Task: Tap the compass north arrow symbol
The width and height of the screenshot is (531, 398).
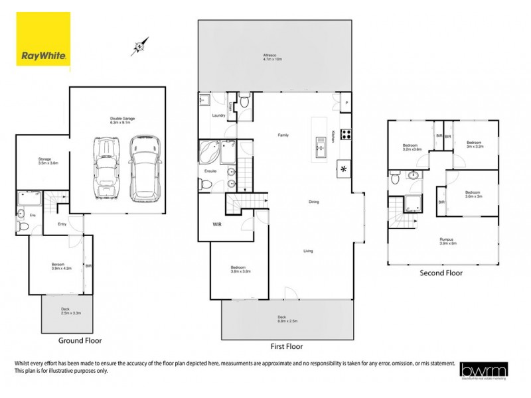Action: [139, 46]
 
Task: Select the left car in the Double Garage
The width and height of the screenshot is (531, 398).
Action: [106, 168]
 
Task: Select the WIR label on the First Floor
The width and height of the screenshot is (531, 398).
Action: [217, 225]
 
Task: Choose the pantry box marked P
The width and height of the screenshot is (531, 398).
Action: [344, 103]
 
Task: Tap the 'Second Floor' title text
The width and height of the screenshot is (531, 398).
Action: [441, 273]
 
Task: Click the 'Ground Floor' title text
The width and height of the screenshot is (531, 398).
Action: [80, 340]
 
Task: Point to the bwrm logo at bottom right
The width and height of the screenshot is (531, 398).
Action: [485, 369]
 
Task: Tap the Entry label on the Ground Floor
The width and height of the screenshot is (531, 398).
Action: [62, 224]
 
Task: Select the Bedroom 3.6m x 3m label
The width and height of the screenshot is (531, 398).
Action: [474, 194]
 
